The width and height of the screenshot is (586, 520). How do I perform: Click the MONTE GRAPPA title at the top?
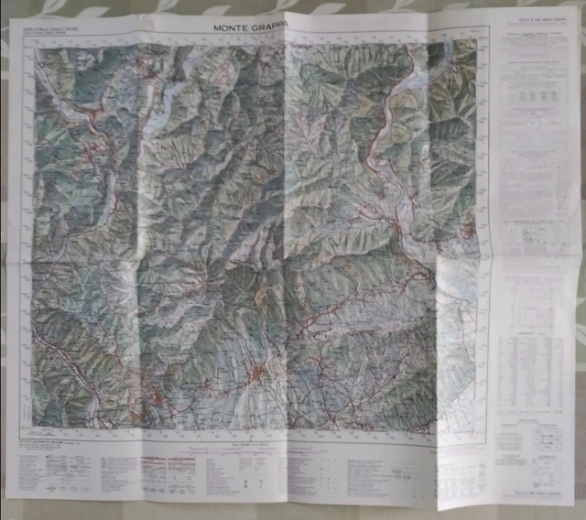coord(250,27)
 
